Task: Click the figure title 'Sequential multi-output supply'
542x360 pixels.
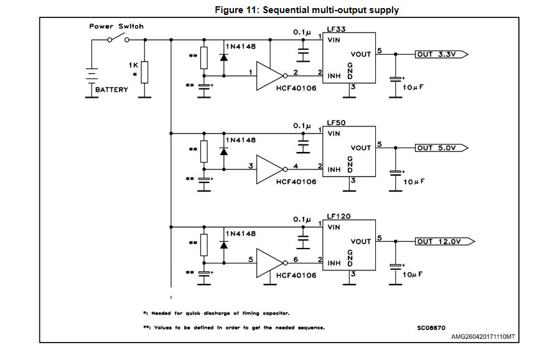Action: [307, 9]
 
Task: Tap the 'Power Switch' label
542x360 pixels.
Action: [116, 26]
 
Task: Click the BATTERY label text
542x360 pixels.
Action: [112, 90]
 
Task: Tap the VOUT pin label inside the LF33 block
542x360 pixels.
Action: [360, 54]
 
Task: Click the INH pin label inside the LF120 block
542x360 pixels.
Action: [334, 262]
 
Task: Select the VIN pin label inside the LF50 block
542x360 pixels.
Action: [334, 133]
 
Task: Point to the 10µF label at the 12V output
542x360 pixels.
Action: [414, 274]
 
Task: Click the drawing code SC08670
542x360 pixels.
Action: [431, 327]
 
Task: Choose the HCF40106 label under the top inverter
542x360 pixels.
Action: [296, 88]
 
